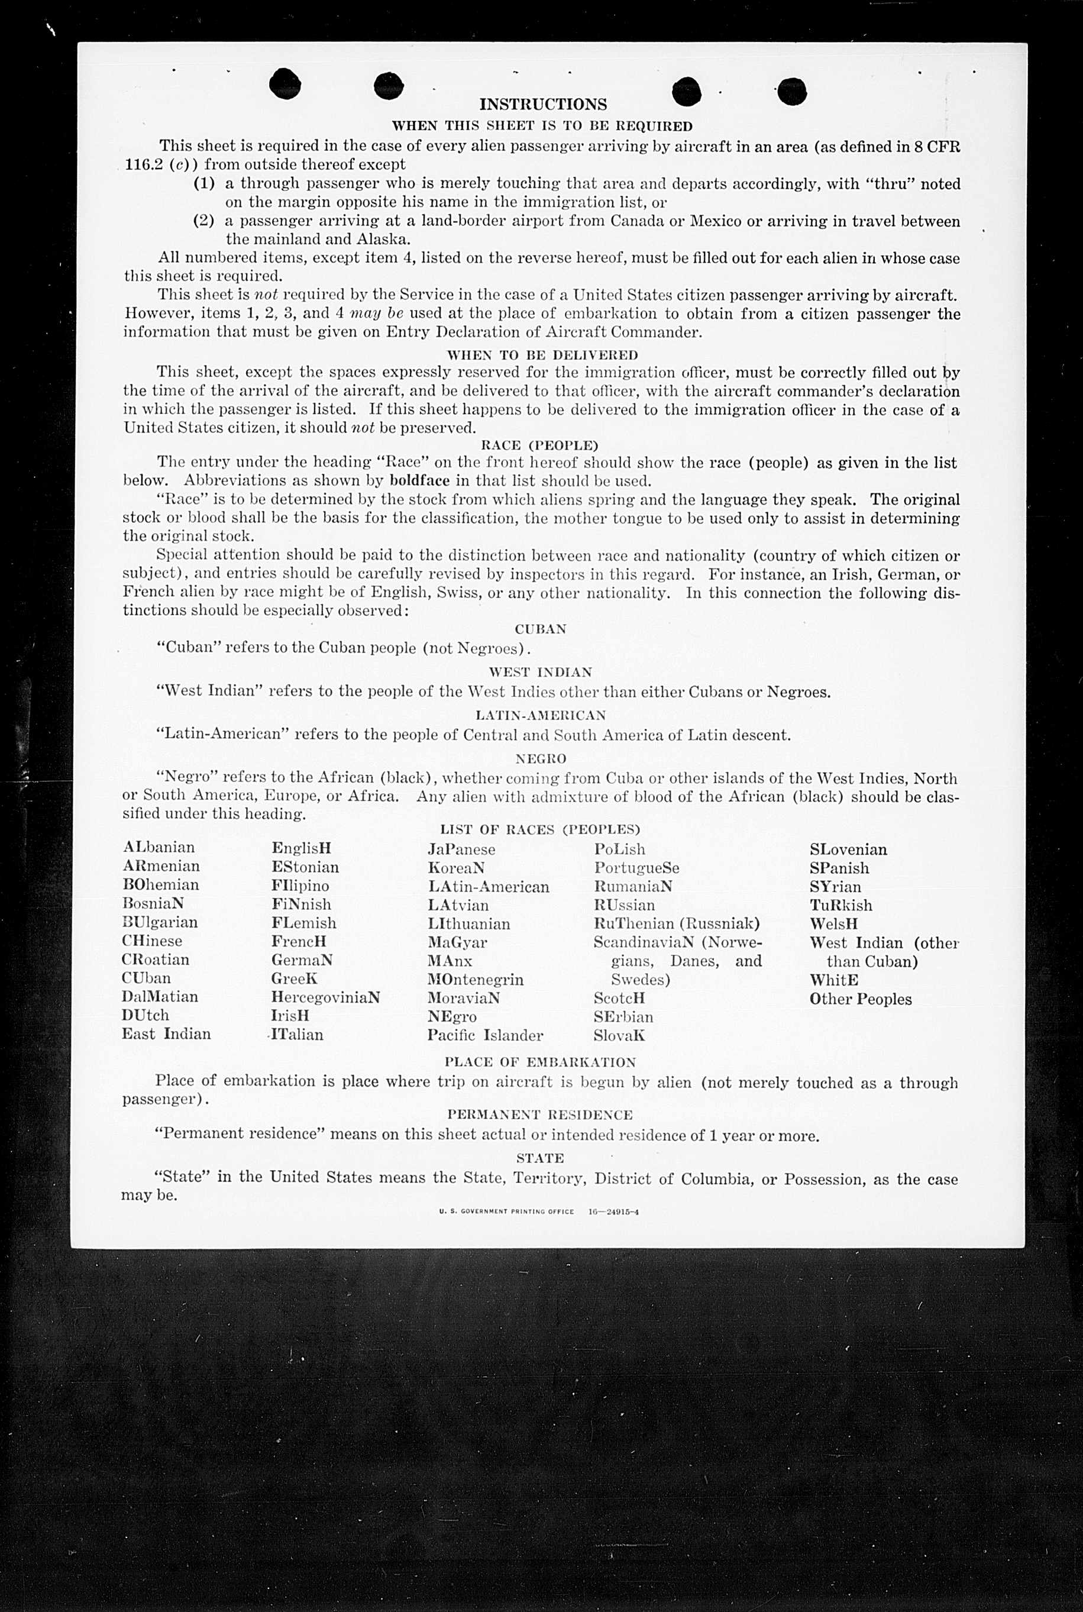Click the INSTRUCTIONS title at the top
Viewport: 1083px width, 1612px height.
pos(543,104)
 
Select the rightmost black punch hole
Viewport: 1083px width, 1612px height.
pos(791,91)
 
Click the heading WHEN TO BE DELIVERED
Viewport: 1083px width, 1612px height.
pos(542,355)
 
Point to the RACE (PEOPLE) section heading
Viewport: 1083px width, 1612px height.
pos(539,445)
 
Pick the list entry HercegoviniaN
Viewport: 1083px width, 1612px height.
pos(325,997)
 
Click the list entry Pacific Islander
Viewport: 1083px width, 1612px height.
pos(485,1035)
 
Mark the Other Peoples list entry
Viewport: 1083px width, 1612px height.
pos(860,999)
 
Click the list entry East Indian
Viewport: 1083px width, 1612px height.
pos(166,1034)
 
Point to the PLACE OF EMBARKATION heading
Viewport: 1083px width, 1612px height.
pos(540,1062)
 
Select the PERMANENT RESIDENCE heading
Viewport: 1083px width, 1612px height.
pos(539,1114)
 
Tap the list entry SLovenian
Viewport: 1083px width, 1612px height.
pos(848,849)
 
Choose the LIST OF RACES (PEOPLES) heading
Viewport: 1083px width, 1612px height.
pos(540,829)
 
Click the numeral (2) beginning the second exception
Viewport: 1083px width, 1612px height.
pos(203,221)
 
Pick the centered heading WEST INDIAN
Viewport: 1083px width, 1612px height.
pos(540,672)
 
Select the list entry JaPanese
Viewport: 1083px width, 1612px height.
pos(461,849)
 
